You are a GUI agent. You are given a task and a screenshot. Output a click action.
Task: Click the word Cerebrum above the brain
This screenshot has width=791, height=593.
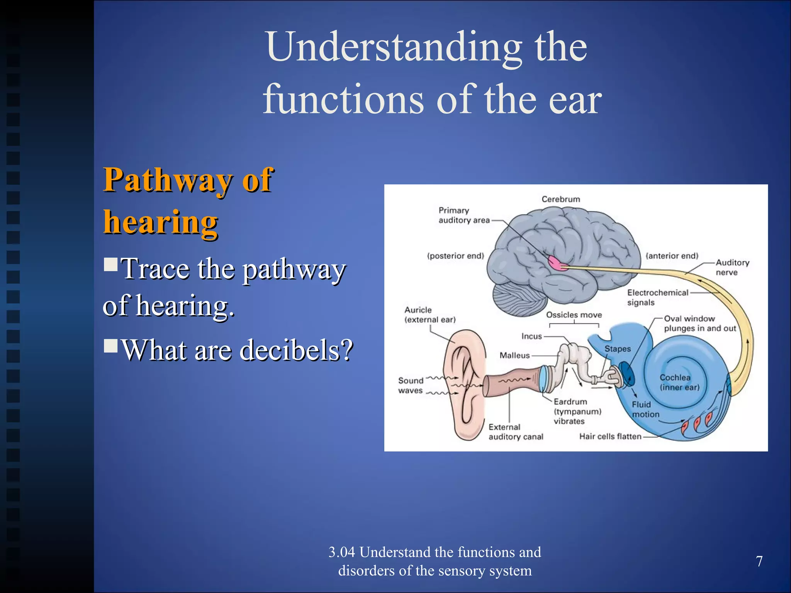point(560,199)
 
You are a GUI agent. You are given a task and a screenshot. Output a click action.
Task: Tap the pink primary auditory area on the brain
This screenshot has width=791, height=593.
point(557,263)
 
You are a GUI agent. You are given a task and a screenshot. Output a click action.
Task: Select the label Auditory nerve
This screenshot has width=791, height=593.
point(732,267)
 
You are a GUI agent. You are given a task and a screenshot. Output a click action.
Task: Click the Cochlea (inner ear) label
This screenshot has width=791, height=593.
point(679,382)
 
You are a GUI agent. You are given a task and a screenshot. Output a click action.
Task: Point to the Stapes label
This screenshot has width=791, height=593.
point(617,349)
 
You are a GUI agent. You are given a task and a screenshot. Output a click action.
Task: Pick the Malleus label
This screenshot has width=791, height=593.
point(514,355)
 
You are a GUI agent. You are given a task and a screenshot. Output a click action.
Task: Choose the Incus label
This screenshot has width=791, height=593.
point(531,336)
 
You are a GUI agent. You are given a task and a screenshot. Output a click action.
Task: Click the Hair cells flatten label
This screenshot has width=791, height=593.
point(610,436)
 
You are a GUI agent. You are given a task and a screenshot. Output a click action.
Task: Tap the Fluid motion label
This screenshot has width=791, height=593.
point(645,409)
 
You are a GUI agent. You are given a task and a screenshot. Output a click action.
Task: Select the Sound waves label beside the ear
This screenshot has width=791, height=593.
point(411,385)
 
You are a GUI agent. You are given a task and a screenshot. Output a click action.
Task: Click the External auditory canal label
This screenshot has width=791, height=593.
point(516,432)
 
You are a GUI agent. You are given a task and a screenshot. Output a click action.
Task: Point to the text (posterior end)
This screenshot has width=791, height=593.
point(455,256)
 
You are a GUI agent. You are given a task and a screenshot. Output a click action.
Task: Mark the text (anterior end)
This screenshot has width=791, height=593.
point(672,256)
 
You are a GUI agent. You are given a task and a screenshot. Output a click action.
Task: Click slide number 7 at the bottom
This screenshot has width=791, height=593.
point(759,561)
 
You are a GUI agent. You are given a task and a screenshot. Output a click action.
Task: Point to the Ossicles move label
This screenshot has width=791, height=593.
point(574,315)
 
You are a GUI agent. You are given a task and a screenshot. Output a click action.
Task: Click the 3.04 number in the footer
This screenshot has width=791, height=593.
point(341,552)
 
